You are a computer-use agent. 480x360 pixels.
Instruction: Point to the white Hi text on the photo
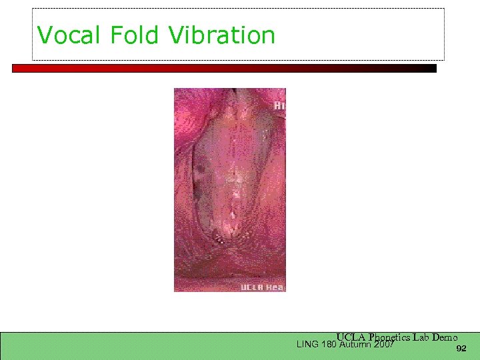[x=279, y=105]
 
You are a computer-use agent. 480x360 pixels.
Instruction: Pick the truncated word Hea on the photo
[x=275, y=287]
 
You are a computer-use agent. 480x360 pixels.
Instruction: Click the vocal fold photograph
[x=230, y=190]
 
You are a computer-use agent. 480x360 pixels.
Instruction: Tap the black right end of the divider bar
[x=427, y=68]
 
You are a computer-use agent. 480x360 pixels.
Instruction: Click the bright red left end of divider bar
[x=20, y=68]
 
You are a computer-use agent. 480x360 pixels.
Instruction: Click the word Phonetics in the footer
[x=389, y=337]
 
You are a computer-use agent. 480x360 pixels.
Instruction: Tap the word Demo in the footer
[x=445, y=337]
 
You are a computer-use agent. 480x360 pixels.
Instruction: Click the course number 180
[x=327, y=345]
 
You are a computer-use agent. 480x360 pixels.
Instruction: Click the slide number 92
[x=461, y=349]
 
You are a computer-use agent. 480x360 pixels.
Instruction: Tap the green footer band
[x=133, y=345]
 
